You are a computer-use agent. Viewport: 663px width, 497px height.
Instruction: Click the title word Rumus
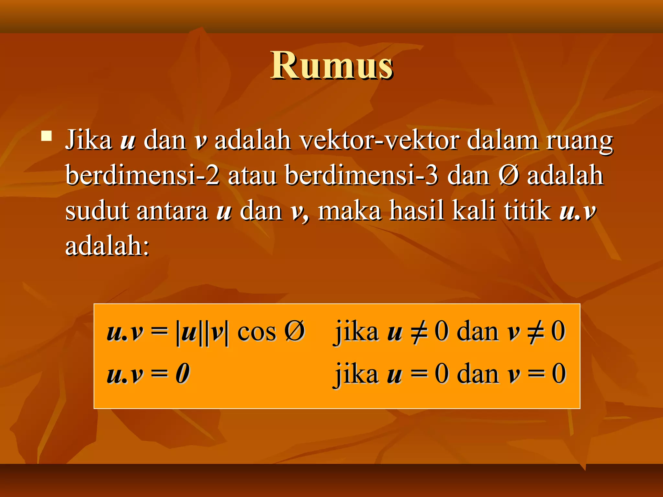(x=331, y=66)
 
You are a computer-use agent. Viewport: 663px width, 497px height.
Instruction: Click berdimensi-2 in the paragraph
(x=142, y=175)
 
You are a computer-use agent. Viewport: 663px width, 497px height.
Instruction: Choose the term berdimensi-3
(x=362, y=175)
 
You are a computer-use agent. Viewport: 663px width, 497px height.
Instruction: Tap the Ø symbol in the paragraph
(x=509, y=175)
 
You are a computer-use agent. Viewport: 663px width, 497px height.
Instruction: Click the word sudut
(x=97, y=210)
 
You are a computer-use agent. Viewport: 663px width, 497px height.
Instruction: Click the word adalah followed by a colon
(x=107, y=245)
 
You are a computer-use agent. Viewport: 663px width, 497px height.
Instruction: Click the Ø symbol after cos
(x=295, y=331)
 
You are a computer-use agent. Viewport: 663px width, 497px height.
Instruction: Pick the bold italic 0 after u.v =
(x=183, y=374)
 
